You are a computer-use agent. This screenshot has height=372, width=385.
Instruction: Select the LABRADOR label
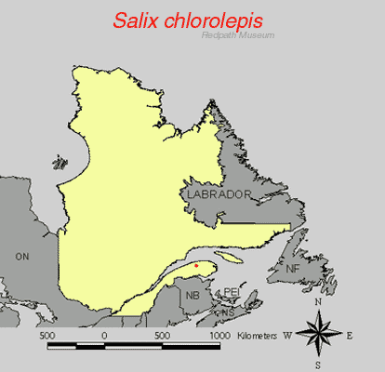click(x=219, y=194)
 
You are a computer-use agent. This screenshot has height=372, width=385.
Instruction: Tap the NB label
click(x=192, y=295)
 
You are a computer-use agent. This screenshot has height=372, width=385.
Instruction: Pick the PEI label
click(x=232, y=292)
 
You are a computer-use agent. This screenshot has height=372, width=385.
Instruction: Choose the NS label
click(x=227, y=312)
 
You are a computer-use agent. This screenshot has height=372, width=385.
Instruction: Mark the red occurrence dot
click(x=196, y=267)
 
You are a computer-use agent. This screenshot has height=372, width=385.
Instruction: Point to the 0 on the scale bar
click(x=104, y=334)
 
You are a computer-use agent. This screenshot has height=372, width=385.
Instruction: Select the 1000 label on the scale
click(x=219, y=334)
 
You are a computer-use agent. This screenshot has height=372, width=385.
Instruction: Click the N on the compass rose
click(x=319, y=302)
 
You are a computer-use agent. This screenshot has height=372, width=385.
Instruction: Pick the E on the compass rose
click(x=350, y=334)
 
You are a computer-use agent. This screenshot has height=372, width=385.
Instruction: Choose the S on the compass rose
click(x=319, y=365)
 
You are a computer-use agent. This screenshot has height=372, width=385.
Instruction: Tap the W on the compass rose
click(x=288, y=334)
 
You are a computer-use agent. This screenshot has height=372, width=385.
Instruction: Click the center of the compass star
click(x=319, y=333)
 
